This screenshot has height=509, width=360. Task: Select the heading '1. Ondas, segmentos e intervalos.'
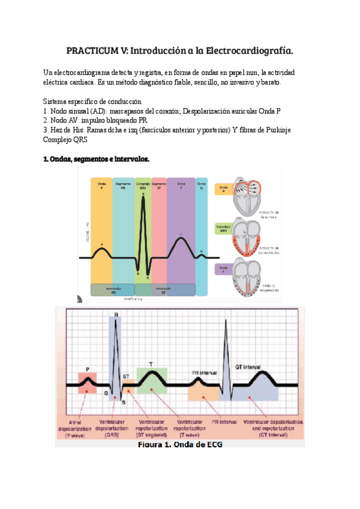click(96, 159)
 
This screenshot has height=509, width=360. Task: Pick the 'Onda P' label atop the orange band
click(101, 185)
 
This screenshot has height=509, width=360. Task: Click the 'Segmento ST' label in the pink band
click(159, 185)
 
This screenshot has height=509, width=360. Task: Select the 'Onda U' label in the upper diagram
click(202, 185)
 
